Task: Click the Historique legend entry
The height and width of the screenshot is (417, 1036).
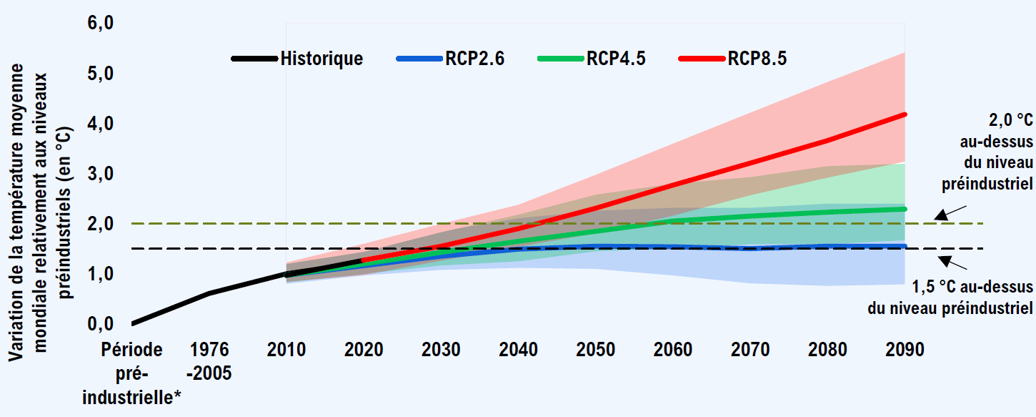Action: tap(321, 59)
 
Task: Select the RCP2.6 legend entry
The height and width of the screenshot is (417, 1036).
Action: tap(472, 59)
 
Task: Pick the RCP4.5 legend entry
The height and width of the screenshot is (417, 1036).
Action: tap(615, 59)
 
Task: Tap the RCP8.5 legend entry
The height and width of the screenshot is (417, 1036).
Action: tap(757, 59)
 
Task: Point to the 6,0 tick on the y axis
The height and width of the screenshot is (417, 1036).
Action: tap(101, 24)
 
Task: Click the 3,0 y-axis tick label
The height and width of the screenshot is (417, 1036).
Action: tap(101, 174)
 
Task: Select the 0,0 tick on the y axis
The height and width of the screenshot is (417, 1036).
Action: tap(101, 324)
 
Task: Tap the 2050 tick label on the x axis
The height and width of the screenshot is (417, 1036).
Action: tap(596, 350)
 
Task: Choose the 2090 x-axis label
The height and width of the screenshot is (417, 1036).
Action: tap(905, 350)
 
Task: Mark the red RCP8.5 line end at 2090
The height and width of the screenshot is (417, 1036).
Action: tap(905, 114)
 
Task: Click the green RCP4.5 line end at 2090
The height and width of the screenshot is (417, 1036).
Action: tap(905, 209)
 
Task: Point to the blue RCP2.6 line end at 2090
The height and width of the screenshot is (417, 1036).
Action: tap(905, 246)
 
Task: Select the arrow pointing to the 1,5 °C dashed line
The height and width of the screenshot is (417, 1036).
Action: tap(952, 262)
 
